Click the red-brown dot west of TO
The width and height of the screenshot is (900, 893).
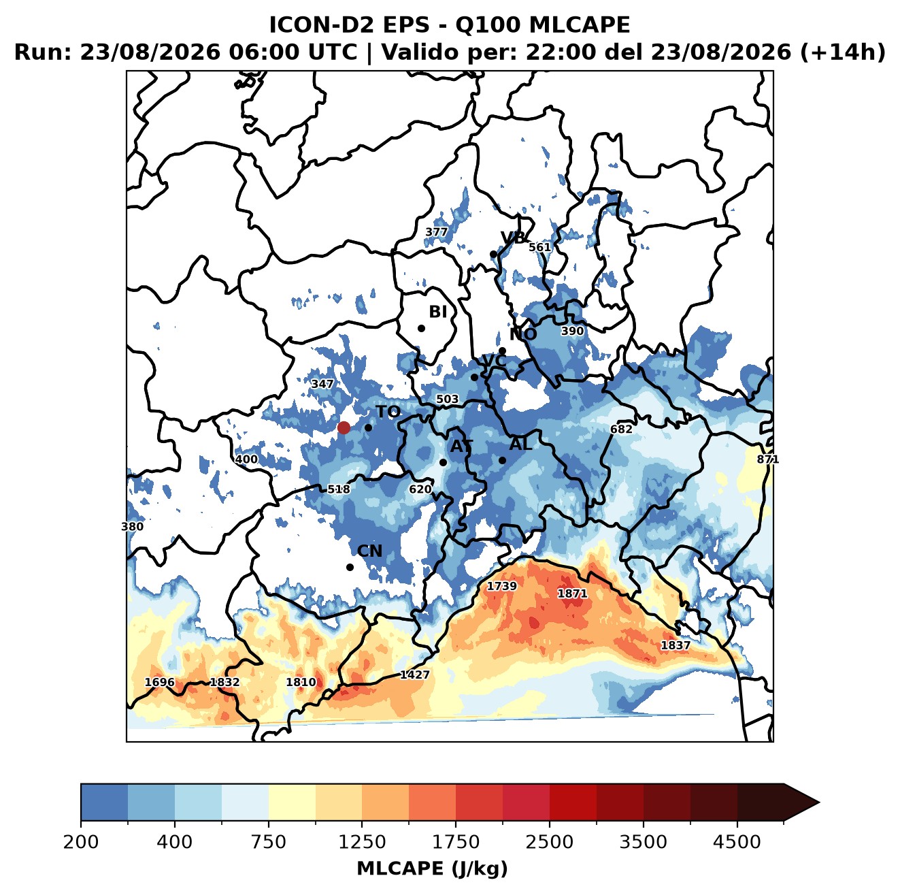(x=344, y=427)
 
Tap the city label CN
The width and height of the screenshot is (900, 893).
(x=369, y=551)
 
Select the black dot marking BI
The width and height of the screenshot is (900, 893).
(x=421, y=329)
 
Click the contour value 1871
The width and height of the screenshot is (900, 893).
(x=572, y=594)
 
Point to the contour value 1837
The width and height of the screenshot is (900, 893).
(x=676, y=645)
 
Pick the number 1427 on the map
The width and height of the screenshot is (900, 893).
(x=415, y=675)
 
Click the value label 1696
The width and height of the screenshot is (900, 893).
(x=160, y=682)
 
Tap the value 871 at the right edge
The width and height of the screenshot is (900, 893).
(x=768, y=459)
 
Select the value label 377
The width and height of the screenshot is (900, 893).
(x=436, y=232)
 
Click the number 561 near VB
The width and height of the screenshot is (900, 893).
(x=540, y=247)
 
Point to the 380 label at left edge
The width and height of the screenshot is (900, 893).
(x=132, y=527)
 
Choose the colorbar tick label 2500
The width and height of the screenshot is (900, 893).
(x=549, y=842)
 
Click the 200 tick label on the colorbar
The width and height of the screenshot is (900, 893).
(x=81, y=842)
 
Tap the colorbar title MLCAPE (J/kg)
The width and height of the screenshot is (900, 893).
(x=432, y=868)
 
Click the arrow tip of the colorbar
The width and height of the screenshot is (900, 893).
(x=819, y=802)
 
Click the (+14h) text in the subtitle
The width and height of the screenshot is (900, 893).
(x=843, y=52)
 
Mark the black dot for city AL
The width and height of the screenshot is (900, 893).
(x=502, y=460)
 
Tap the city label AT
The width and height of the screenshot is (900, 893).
(x=462, y=446)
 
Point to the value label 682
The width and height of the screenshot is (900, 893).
(x=621, y=429)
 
